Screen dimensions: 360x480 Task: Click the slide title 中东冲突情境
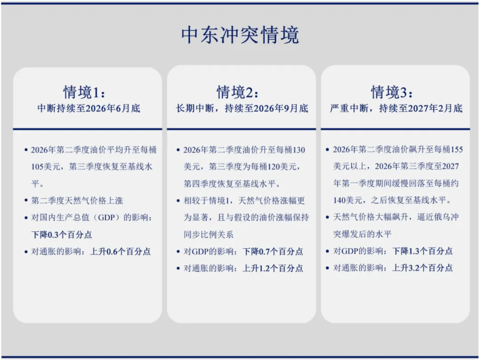tap(240, 35)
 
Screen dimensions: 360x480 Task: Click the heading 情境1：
tap(85, 92)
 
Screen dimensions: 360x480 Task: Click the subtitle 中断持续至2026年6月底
tap(88, 108)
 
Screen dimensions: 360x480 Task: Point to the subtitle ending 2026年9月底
tap(242, 108)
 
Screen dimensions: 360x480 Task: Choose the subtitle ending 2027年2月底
tap(396, 108)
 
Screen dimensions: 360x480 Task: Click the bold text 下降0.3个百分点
tap(61, 235)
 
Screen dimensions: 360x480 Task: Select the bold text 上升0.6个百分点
tap(120, 252)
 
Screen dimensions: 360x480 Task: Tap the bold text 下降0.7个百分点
tap(273, 252)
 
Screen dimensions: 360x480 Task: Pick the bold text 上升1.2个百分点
tap(273, 268)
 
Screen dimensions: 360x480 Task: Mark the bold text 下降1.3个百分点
tap(422, 251)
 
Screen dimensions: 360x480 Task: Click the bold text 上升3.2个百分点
tap(422, 268)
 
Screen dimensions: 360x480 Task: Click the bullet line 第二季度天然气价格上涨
tap(77, 201)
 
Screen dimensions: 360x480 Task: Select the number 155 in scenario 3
tap(456, 150)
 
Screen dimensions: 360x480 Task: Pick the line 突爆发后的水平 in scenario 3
tap(362, 234)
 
